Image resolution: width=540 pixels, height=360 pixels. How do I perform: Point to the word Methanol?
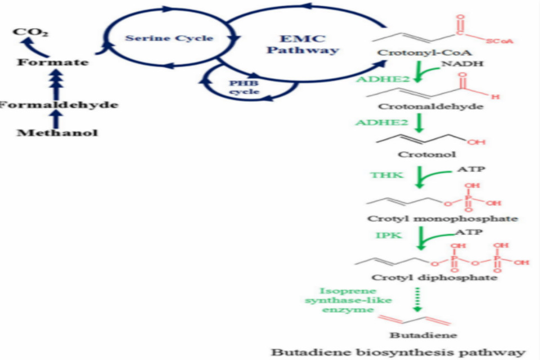[x=57, y=133]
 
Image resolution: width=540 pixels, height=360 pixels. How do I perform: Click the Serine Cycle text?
[x=169, y=38]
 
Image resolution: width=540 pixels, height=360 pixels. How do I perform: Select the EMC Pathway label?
[x=303, y=44]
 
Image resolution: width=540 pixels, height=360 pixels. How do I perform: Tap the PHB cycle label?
[x=244, y=87]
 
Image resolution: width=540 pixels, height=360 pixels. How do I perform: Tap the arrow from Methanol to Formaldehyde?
[x=55, y=119]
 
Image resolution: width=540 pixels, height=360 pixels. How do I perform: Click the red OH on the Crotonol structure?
[x=476, y=142]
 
